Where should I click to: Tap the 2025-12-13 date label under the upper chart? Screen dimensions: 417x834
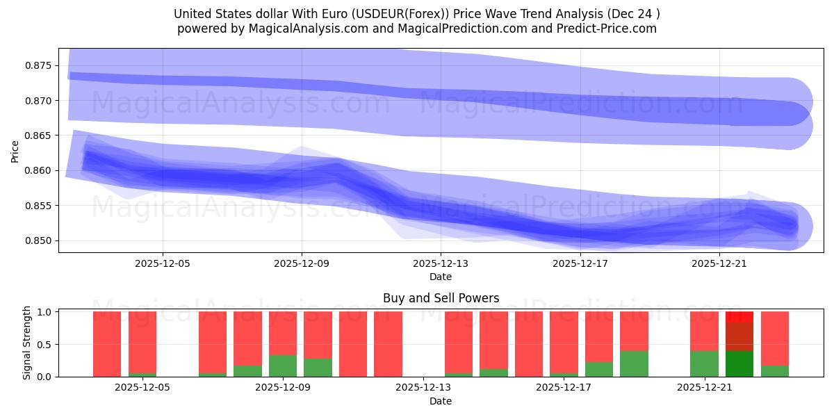click(x=441, y=264)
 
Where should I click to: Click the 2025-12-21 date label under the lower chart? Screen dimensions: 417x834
click(x=705, y=388)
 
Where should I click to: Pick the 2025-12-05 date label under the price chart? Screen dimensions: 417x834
click(x=163, y=264)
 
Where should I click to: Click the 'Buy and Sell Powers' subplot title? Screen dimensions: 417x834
click(x=441, y=298)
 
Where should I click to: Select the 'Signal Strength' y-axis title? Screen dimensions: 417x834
click(x=27, y=343)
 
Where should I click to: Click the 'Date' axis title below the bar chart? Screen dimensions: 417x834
click(x=441, y=401)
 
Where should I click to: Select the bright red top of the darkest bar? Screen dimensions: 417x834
click(x=739, y=316)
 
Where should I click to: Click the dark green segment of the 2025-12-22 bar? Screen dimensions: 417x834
click(x=739, y=363)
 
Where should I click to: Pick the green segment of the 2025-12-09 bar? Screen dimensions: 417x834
click(x=283, y=366)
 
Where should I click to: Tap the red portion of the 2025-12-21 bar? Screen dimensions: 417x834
click(x=704, y=331)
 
